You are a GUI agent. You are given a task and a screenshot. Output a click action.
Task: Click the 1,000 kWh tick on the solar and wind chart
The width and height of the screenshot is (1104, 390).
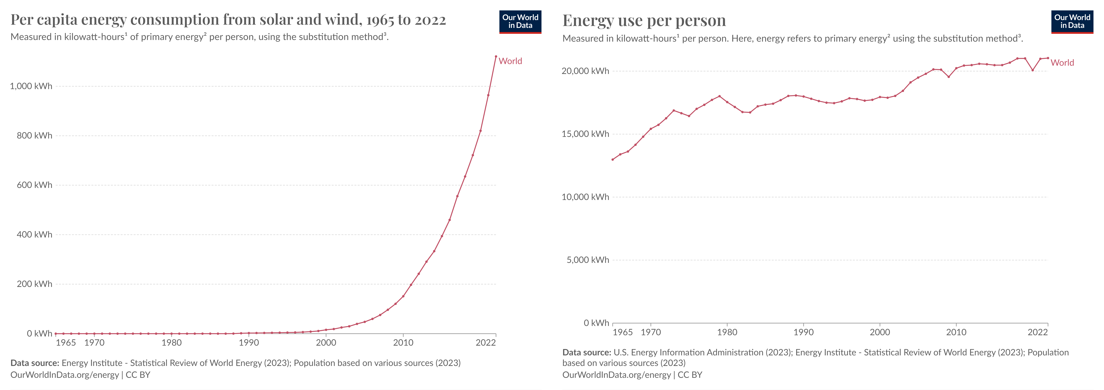coord(31,86)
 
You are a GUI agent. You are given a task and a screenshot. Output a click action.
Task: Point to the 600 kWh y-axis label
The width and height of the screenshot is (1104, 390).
coord(34,185)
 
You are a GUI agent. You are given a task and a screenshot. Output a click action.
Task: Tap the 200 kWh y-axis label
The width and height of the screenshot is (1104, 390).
coord(34,284)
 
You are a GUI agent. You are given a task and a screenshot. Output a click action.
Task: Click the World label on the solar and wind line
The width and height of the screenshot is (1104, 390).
coord(510,61)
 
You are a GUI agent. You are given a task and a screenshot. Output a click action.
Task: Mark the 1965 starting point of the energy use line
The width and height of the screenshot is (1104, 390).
coord(612,160)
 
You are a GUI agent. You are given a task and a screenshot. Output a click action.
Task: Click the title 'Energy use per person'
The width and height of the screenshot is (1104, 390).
coord(644,21)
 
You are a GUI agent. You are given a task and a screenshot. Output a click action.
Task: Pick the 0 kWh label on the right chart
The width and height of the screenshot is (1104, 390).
coord(596,323)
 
